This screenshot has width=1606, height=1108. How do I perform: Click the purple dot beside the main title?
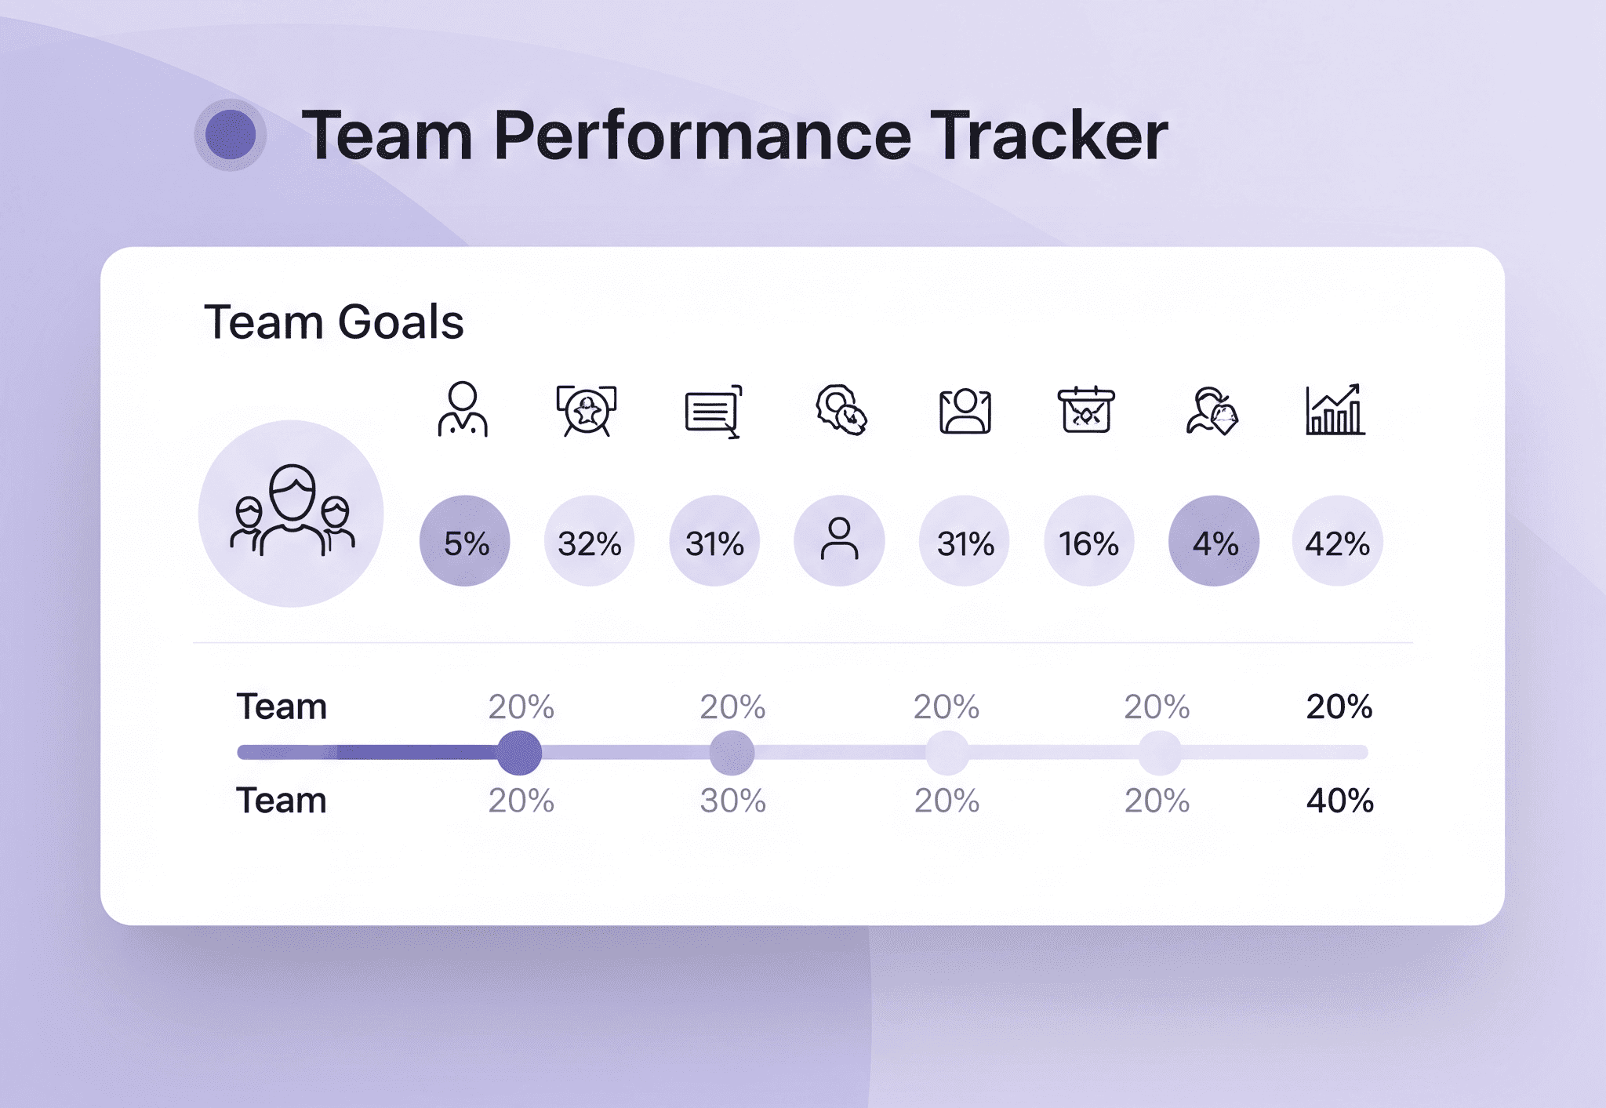point(231,135)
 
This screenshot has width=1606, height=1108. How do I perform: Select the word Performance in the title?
point(703,136)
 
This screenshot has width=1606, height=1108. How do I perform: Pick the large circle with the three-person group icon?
point(291,514)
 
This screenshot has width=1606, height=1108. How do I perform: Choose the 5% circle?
point(465,541)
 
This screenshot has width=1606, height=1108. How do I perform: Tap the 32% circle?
point(590,541)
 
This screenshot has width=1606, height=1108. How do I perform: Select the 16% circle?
point(1089,541)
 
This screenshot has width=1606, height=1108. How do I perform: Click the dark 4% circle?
point(1214,541)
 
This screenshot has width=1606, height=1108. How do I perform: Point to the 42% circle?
point(1338,541)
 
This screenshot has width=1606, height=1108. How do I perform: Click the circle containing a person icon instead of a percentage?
point(840,541)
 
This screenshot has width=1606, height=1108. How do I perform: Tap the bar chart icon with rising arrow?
point(1335,409)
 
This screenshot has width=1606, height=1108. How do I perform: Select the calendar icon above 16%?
point(1086,409)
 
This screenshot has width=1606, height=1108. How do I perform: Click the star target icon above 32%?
point(587,410)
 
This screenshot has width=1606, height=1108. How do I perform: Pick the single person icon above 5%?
point(463,409)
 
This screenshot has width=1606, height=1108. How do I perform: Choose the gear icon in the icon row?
point(841,409)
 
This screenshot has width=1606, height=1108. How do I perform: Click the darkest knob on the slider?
point(519,753)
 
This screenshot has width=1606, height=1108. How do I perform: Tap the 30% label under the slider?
point(733,801)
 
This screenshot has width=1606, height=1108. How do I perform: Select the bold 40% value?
point(1340,801)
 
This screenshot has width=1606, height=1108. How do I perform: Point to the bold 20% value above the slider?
point(1339,707)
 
